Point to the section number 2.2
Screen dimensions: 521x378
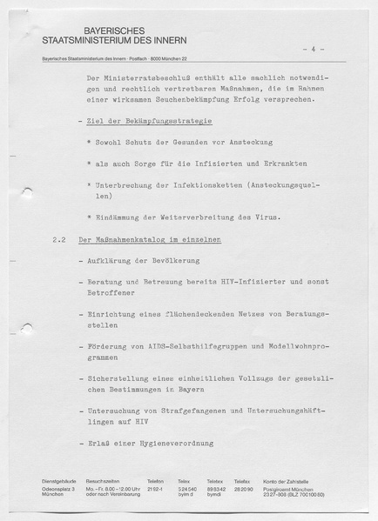coord(57,238)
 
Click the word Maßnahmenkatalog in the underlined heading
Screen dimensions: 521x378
coord(140,238)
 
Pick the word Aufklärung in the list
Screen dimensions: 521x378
coord(111,260)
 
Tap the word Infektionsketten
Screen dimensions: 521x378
coord(203,184)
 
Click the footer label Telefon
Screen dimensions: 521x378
coord(155,481)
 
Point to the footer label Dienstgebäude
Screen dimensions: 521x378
coord(58,481)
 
